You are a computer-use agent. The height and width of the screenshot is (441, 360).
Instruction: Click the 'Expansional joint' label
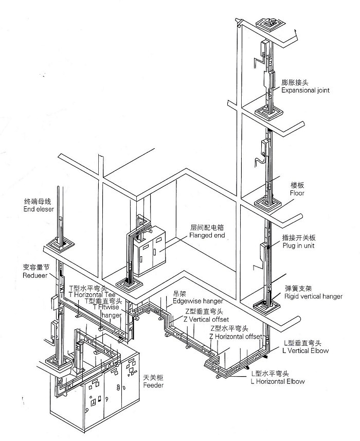(305, 90)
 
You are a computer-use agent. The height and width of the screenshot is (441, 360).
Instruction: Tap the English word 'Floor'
(297, 193)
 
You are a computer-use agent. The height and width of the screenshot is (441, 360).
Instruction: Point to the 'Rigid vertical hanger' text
(313, 296)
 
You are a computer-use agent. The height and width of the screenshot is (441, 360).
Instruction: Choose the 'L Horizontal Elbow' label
(278, 381)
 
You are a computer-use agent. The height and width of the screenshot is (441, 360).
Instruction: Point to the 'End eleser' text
(38, 209)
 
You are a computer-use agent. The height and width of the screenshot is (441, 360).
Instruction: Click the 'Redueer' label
(35, 276)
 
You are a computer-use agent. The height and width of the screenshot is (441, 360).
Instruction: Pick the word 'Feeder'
(153, 385)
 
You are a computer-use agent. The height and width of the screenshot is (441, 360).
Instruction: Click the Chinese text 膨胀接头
(295, 82)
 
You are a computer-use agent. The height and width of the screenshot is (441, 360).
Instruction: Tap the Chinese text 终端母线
(37, 202)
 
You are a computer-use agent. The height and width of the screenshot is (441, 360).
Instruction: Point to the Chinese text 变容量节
(36, 268)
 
